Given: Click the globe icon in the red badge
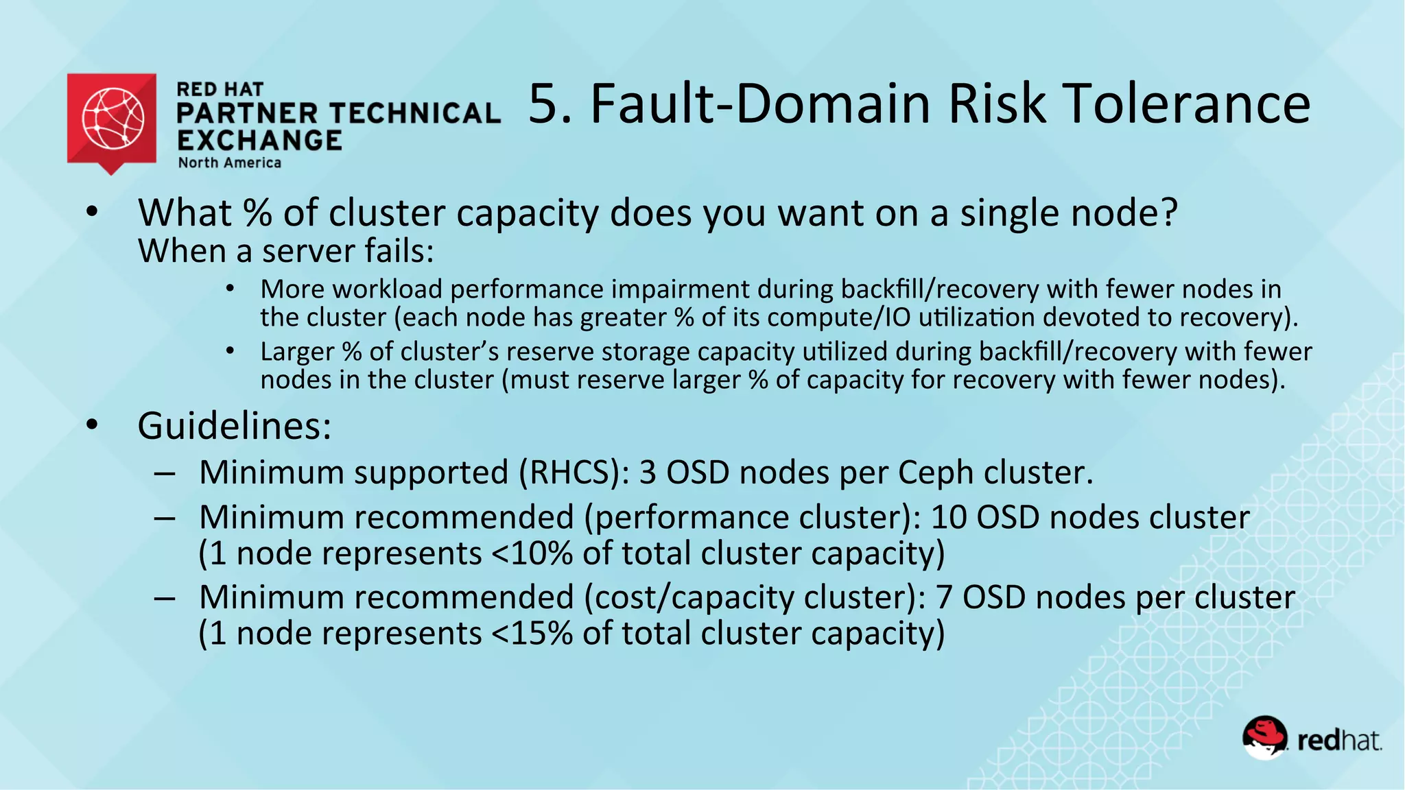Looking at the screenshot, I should tap(113, 118).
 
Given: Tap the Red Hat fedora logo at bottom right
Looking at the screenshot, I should tap(1264, 738).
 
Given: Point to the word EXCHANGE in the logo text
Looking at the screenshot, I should tap(259, 141).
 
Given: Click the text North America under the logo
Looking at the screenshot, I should tap(230, 163).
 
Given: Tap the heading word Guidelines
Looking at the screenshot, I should tap(234, 427).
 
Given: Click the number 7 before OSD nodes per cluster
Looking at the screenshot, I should tap(944, 597).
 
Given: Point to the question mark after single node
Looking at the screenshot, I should tap(1166, 213).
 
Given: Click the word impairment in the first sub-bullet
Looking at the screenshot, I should tap(680, 289).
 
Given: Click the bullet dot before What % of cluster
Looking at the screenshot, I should tap(93, 212).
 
